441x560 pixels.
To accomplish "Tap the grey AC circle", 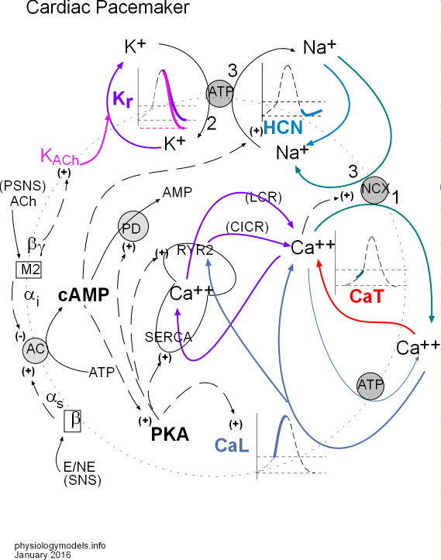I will point(36,350).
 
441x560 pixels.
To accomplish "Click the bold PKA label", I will point(170,433).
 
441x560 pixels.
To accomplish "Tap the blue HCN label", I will point(283,127).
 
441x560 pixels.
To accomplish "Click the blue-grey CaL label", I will point(233,446).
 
